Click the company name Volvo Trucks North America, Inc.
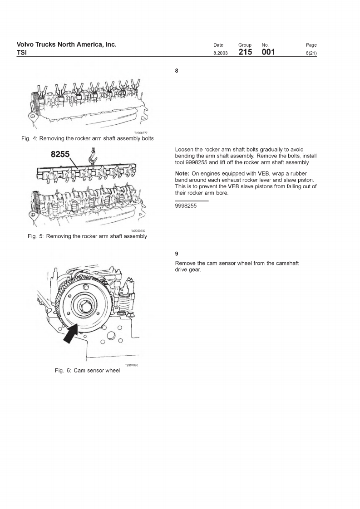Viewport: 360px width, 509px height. (x=66, y=44)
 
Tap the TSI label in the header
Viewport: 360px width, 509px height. (x=22, y=53)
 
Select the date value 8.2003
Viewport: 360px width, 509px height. (x=220, y=54)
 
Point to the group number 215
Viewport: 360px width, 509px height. (x=245, y=53)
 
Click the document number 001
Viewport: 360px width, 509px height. (x=268, y=53)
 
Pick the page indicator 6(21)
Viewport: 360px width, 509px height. (x=311, y=54)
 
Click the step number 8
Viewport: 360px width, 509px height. (x=177, y=70)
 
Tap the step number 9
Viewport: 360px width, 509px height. (x=177, y=254)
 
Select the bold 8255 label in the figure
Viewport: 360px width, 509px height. (x=60, y=154)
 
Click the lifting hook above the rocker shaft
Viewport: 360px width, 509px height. (x=94, y=159)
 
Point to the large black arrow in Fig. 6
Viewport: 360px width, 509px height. (x=71, y=335)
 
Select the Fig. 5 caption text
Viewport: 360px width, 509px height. (x=87, y=236)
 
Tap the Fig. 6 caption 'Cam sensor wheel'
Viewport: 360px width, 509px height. (x=87, y=371)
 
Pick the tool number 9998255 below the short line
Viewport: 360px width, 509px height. (x=186, y=206)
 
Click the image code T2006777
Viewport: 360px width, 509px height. (x=141, y=133)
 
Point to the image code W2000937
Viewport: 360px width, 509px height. (x=138, y=230)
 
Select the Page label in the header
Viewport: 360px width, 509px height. (x=311, y=45)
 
